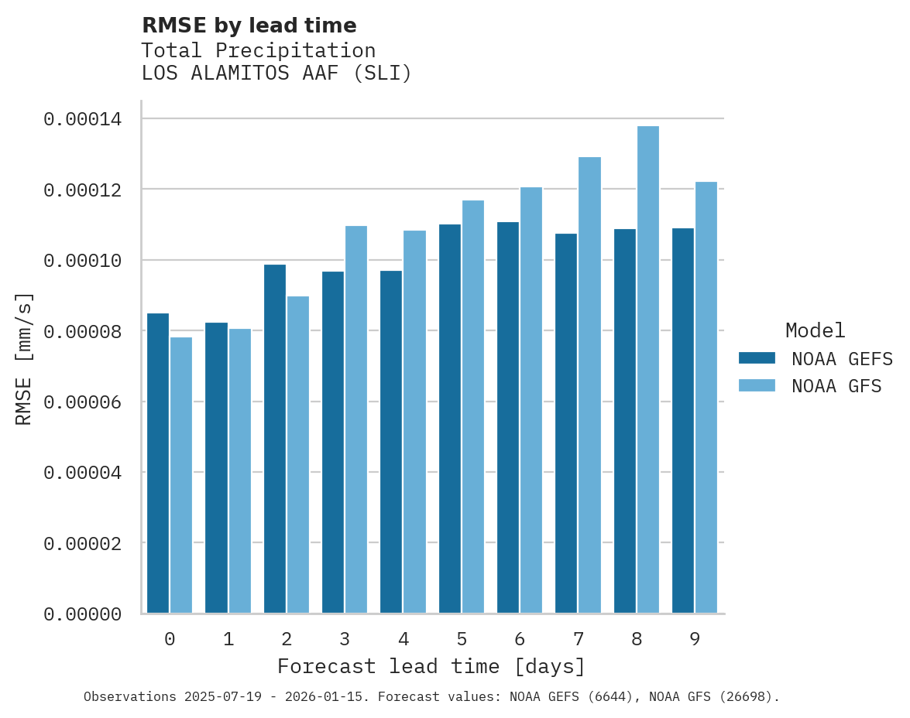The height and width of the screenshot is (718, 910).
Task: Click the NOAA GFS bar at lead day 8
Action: (648, 370)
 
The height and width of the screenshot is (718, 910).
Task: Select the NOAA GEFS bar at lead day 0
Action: (158, 463)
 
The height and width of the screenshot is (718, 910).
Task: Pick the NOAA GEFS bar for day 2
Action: (275, 439)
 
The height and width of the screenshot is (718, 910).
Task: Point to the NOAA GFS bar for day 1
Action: (240, 471)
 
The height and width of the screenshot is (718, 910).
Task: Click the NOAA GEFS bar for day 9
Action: (683, 421)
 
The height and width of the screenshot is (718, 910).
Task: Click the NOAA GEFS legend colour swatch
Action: (757, 358)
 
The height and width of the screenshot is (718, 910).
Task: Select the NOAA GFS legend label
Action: (836, 386)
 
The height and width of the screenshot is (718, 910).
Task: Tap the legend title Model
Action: (815, 330)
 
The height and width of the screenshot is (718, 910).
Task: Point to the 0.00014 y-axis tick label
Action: (82, 119)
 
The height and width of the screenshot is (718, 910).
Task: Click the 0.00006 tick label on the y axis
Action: (82, 402)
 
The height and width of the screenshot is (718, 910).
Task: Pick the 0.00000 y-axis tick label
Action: (82, 614)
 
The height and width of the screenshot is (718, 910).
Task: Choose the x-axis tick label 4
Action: (403, 640)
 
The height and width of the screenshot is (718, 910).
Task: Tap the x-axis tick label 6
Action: (520, 640)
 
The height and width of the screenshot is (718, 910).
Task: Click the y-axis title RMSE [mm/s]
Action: (24, 359)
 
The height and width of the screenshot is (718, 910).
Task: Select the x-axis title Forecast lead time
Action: (431, 666)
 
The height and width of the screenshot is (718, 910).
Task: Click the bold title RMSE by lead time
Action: (249, 26)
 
